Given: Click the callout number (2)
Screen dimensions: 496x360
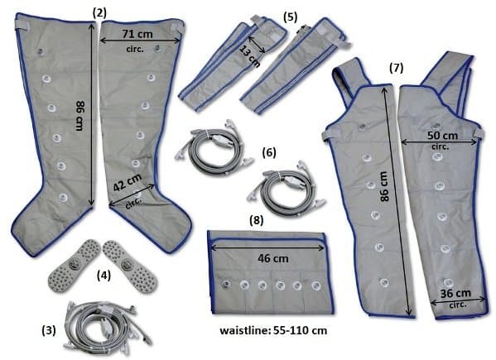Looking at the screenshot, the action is click(99, 13).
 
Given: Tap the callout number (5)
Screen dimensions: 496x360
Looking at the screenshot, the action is click(290, 17).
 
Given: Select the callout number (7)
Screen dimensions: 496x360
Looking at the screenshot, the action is click(396, 68).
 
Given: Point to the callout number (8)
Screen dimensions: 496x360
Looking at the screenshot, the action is click(256, 220).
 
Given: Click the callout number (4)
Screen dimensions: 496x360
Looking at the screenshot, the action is click(104, 276).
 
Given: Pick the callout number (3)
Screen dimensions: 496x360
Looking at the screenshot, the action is click(49, 330).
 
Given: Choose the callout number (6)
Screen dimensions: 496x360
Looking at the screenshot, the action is click(269, 152).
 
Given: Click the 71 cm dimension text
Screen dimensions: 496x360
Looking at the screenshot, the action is click(137, 34).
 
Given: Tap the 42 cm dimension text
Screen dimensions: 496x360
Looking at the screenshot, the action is click(128, 182).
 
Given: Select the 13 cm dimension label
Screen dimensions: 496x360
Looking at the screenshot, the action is click(250, 56).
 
